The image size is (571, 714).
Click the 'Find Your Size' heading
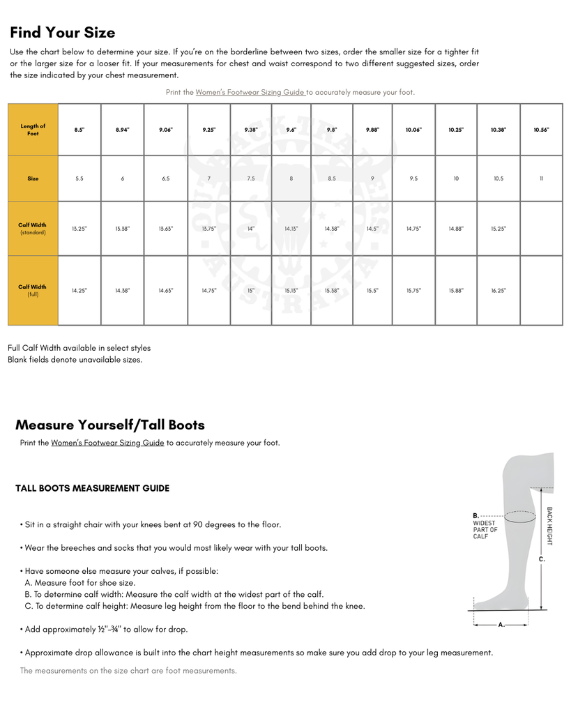click(63, 33)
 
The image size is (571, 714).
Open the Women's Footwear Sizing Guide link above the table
click(250, 92)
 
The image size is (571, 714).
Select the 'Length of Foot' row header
click(33, 130)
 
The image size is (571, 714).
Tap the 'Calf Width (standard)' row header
click(33, 229)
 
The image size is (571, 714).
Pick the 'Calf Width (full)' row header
click(33, 290)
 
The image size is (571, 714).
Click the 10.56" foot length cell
click(541, 130)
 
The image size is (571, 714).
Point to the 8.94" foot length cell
click(123, 130)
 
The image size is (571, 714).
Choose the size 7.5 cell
click(251, 178)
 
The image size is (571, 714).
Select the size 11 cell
click(541, 178)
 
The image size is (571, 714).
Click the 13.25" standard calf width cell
click(79, 229)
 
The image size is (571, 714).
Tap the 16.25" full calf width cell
click(498, 291)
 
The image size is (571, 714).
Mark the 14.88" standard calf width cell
click(456, 229)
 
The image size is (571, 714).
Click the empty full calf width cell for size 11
click(541, 291)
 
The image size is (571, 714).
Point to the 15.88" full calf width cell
click(456, 291)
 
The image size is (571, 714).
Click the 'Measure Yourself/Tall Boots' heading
click(110, 425)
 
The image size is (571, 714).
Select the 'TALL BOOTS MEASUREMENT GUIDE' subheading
click(92, 488)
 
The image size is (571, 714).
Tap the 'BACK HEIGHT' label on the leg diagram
click(549, 526)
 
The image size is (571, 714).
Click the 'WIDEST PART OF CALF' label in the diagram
click(485, 529)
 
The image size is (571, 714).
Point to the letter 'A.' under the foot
click(501, 624)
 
